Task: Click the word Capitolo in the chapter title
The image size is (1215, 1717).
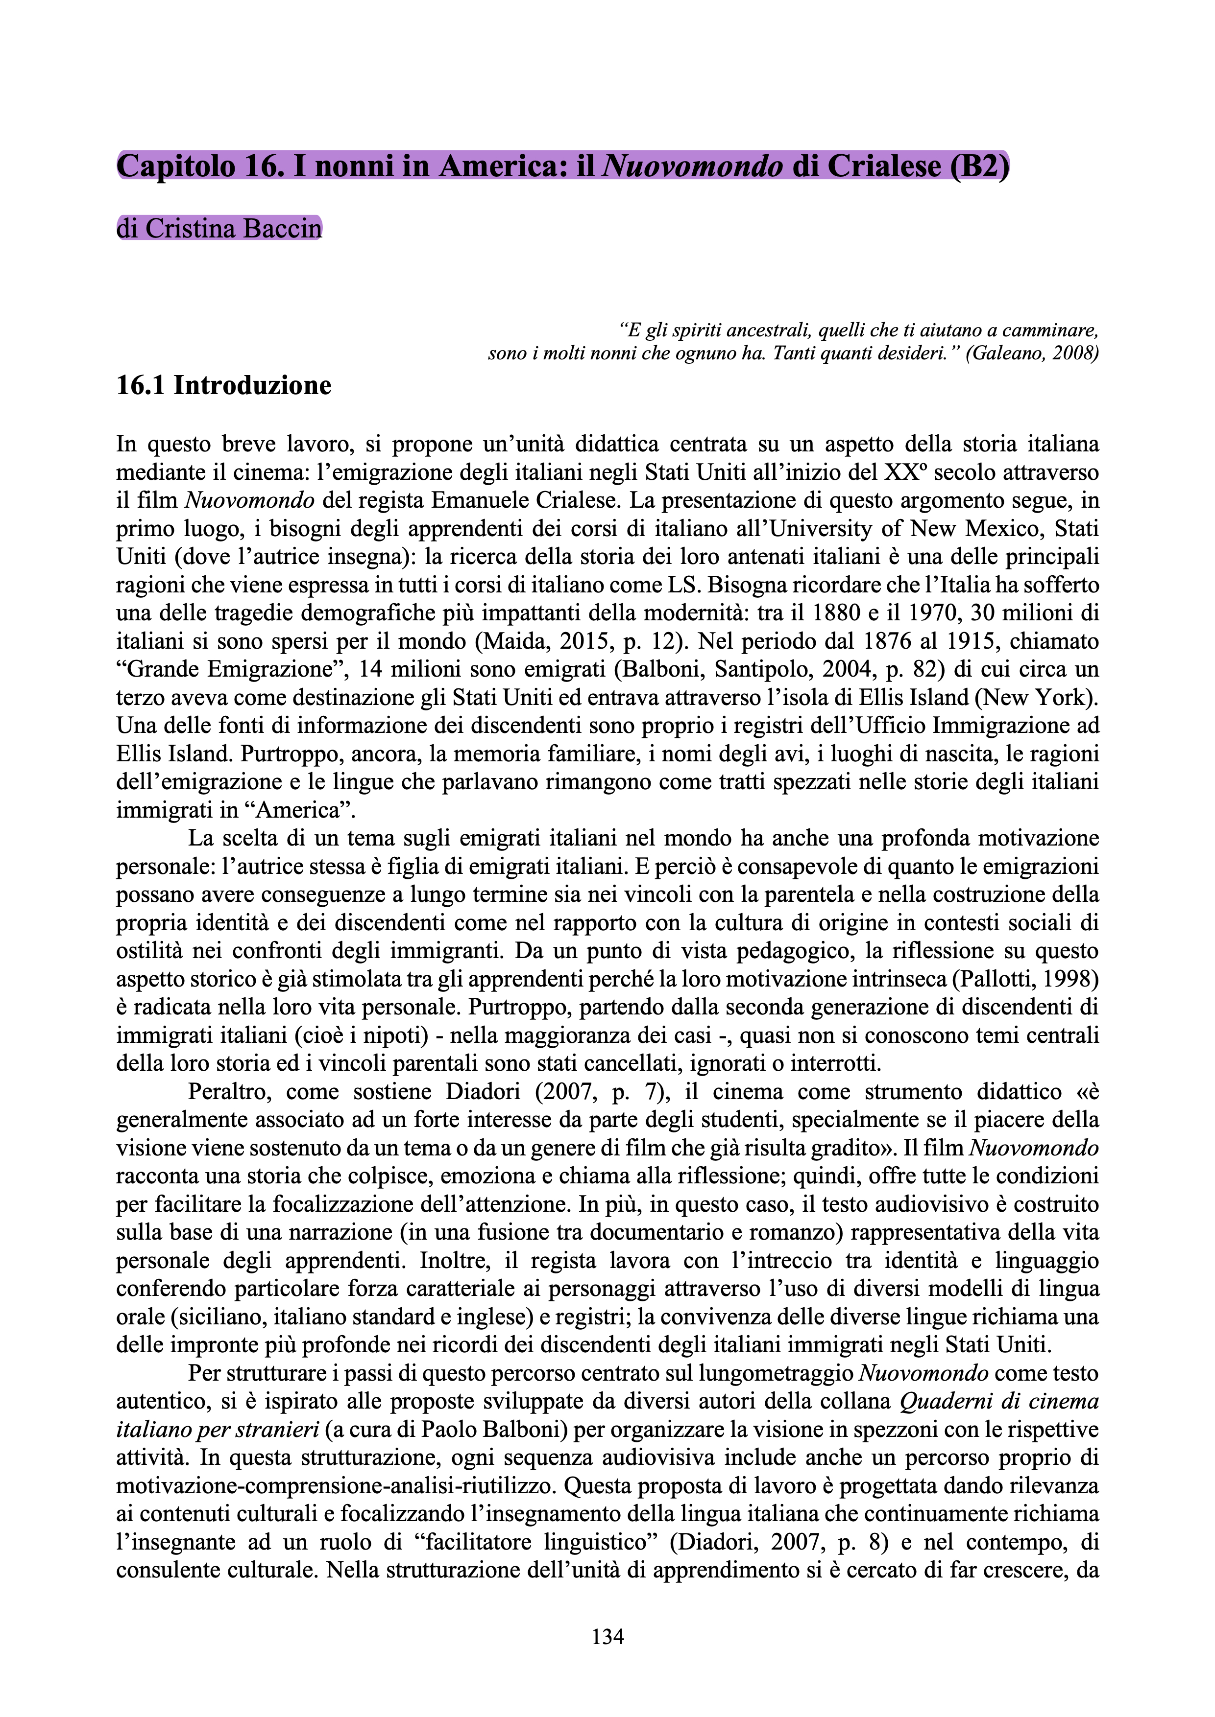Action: [175, 166]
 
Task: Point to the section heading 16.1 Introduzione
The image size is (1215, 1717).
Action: [224, 386]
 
